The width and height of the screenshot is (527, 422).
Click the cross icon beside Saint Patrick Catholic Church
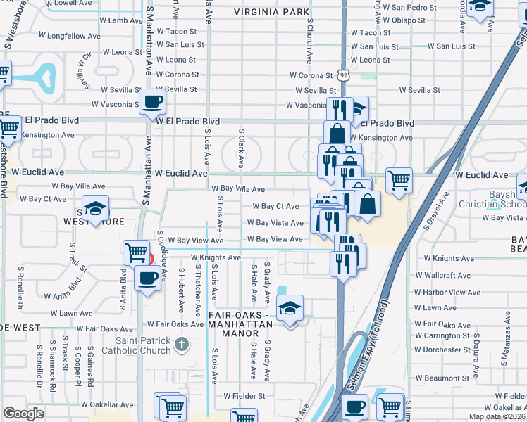[182, 345]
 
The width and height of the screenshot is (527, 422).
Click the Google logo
[23, 414]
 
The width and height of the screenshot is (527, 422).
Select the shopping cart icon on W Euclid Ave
[399, 181]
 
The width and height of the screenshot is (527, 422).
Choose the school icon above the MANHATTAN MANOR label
[290, 309]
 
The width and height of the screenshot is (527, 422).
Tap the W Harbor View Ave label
[447, 292]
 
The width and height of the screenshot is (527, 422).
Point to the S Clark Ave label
[241, 148]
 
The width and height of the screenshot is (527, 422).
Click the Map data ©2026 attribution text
[497, 417]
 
